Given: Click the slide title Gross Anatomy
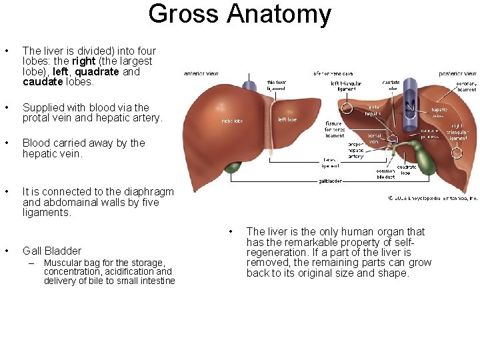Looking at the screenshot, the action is point(239,14).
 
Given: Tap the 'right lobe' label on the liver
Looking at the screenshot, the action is point(232,121).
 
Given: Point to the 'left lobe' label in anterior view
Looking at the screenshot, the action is point(287,120).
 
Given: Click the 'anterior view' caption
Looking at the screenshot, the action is point(201,73).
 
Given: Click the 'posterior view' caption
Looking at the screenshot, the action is point(458,73).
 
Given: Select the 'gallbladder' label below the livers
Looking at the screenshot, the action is point(330,181).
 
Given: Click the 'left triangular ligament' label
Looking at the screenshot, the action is point(347,86).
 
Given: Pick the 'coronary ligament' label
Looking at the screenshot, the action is point(466,86).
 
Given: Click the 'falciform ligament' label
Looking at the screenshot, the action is point(276,85).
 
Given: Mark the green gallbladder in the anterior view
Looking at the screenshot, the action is point(233,166).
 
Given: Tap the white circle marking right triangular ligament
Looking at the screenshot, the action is point(457,153).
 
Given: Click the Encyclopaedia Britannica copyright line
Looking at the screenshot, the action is point(433,198).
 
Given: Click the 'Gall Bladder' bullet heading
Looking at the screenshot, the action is point(52,251).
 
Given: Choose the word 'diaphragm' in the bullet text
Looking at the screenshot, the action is point(151,192).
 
